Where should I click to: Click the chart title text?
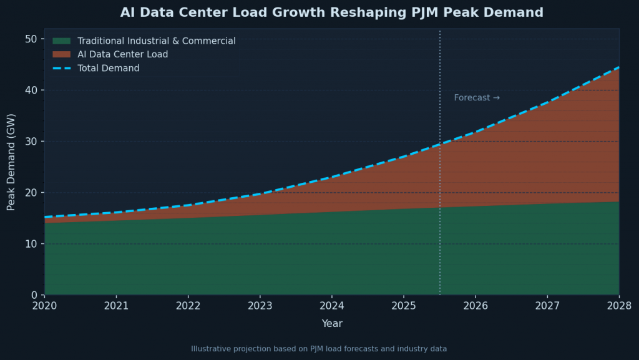pos(331,12)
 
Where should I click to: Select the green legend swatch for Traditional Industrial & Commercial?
pos(61,41)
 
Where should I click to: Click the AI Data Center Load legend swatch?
pos(61,55)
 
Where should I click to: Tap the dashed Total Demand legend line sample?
pos(61,68)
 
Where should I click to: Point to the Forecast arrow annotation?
pos(477,98)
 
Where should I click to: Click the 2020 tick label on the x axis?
pos(44,306)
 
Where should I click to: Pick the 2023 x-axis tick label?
pos(260,306)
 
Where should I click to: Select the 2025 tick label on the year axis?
pos(404,306)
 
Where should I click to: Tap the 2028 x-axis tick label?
pos(618,306)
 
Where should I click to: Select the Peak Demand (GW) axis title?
pos(11,162)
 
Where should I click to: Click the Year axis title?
pos(331,323)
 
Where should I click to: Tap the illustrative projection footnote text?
pos(319,349)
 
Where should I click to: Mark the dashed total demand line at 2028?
pos(618,67)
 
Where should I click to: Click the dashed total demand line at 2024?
pos(332,177)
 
